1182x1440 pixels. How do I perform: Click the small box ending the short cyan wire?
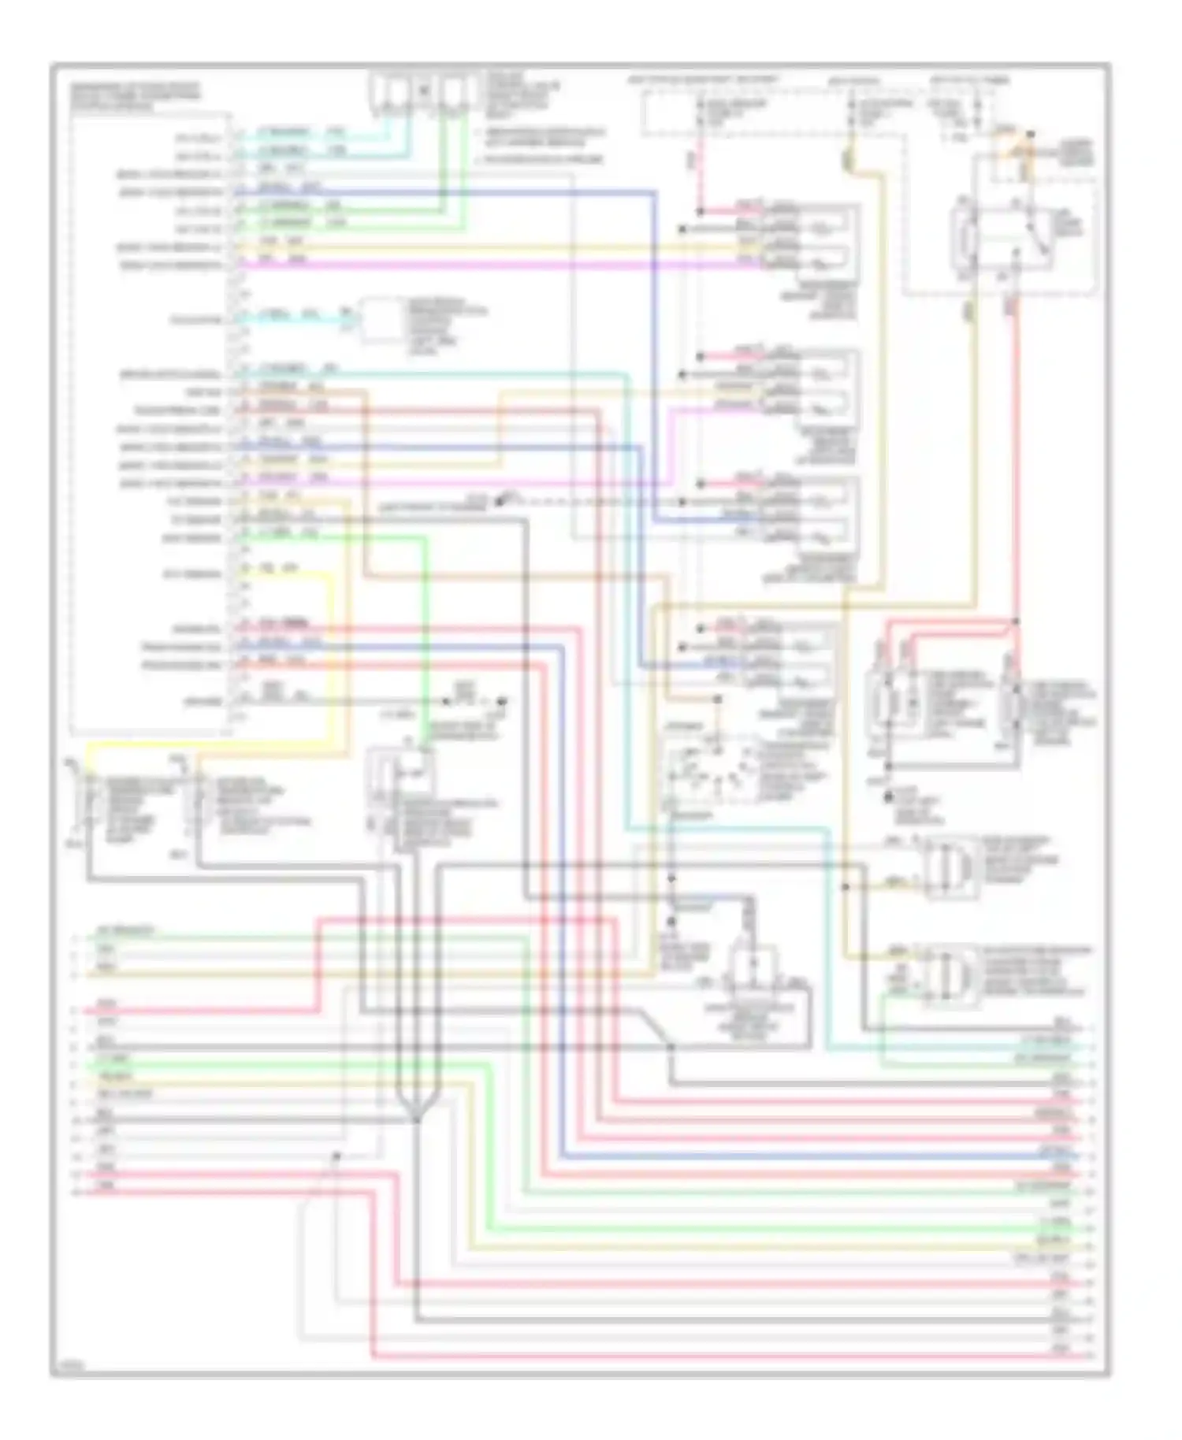383,320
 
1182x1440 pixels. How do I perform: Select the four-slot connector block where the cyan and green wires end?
422,91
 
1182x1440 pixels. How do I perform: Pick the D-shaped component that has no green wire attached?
950,868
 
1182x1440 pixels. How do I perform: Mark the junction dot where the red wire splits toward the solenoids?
1015,622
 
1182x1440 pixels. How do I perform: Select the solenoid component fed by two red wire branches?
890,701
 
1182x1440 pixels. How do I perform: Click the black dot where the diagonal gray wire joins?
671,1047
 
